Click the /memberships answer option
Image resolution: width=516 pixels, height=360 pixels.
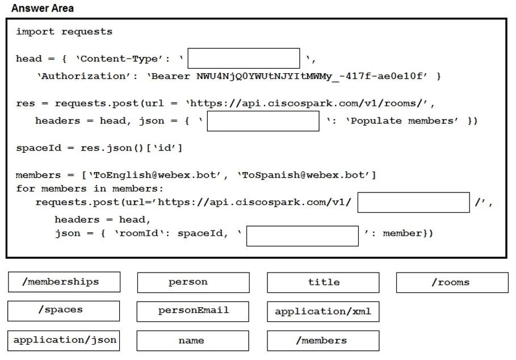coord(64,282)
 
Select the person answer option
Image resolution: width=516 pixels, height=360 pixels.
coord(194,282)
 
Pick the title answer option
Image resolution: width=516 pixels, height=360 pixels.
coord(323,282)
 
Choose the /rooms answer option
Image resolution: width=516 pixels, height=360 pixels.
coord(452,282)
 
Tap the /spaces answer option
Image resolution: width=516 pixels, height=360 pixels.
coord(64,311)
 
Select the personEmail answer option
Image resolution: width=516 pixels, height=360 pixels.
coord(193,311)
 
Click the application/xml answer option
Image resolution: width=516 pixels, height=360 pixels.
coord(323,311)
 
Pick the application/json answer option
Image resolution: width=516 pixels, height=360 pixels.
coord(64,341)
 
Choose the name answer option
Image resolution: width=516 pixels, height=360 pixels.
coord(193,341)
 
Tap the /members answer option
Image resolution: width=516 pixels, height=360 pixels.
coord(323,341)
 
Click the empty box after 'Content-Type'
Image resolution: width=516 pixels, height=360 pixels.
coord(244,58)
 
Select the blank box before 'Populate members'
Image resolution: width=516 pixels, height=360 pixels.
coord(263,121)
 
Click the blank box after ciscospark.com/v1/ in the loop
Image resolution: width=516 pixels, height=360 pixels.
coord(414,202)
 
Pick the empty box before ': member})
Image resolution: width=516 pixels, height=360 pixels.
coord(303,236)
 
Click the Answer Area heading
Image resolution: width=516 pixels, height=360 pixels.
coord(43,8)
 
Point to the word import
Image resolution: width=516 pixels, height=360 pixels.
coord(35,32)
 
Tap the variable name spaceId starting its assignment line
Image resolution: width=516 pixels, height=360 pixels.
coord(39,148)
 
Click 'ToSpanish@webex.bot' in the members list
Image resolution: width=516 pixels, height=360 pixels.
coord(304,175)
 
